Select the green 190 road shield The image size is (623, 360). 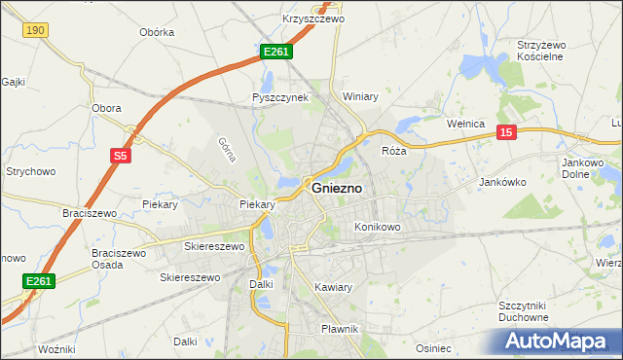click(x=35, y=31)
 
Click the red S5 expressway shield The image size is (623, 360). click(x=120, y=155)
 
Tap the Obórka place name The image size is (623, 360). click(x=157, y=32)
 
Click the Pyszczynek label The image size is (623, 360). click(x=279, y=98)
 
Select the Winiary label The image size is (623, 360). click(x=360, y=97)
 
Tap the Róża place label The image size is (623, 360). click(x=393, y=152)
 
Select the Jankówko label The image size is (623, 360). click(x=503, y=182)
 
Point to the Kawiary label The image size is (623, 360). click(x=334, y=287)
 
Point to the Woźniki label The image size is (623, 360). click(x=55, y=348)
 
